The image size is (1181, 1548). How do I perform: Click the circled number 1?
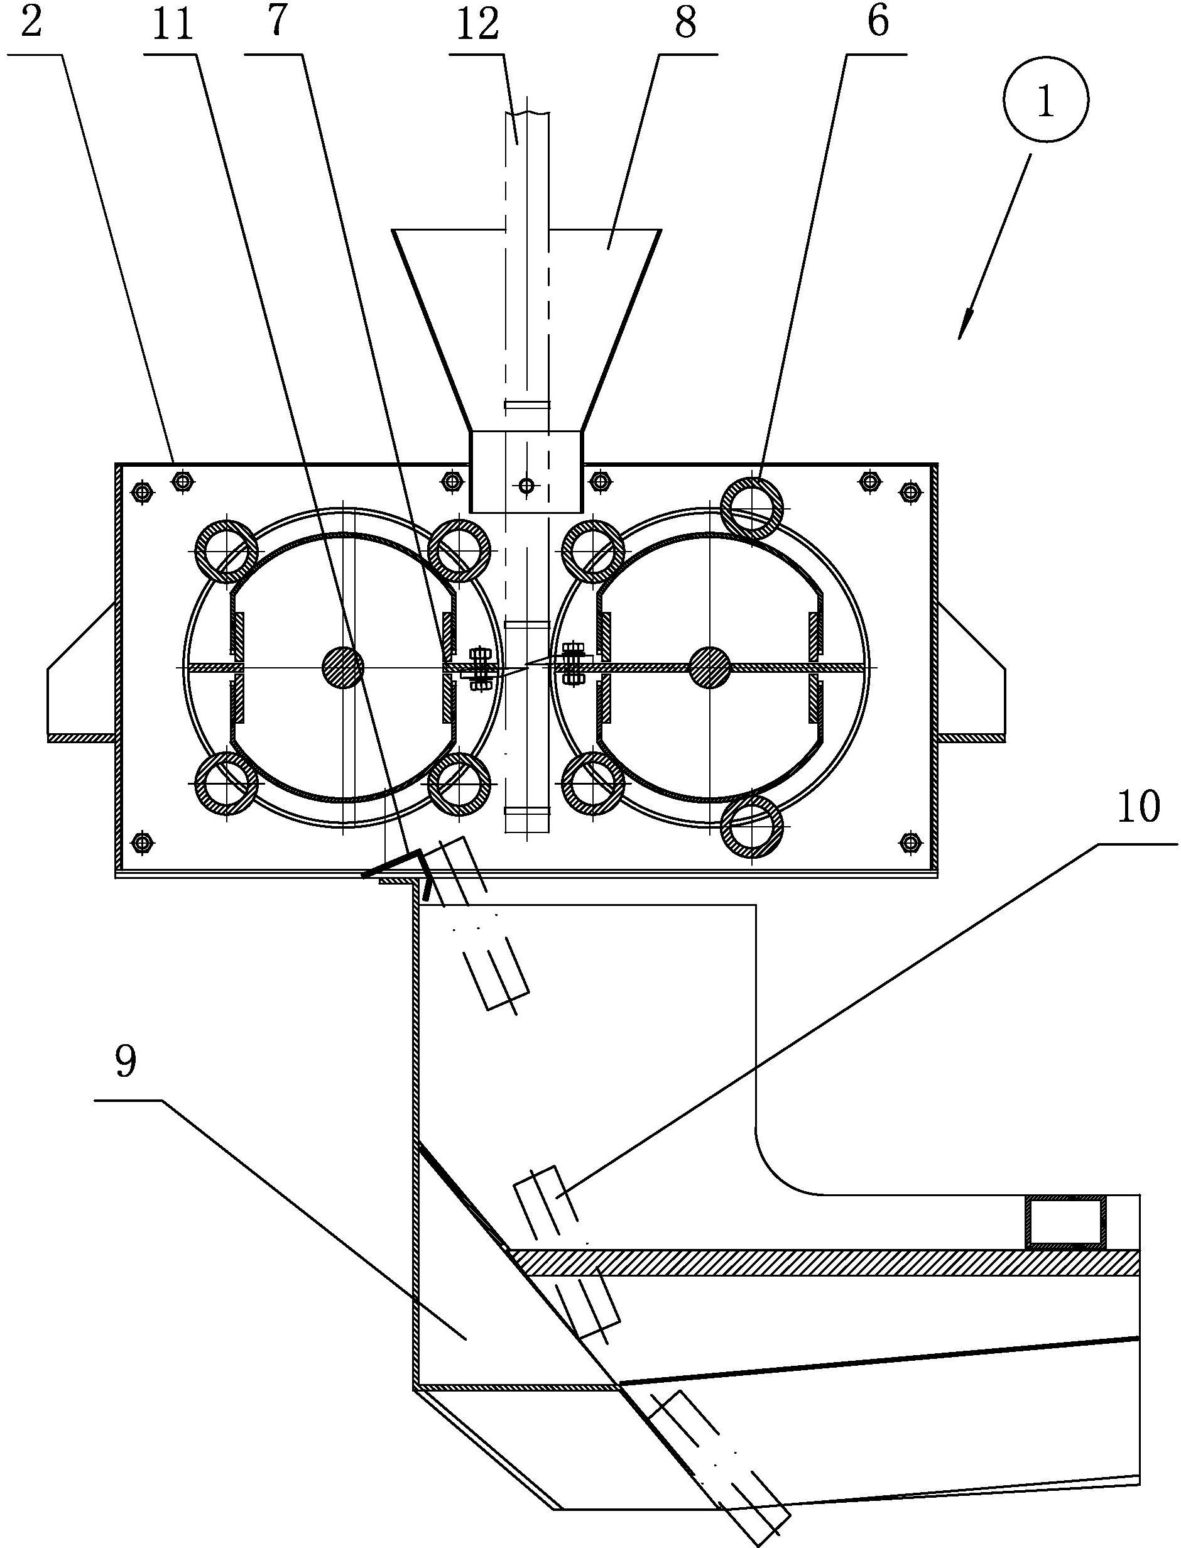[1045, 100]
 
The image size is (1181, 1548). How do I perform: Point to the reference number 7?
[278, 22]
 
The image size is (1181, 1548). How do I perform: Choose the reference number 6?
[878, 22]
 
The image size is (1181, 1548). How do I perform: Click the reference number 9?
[126, 1062]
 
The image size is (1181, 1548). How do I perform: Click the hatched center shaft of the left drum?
[343, 667]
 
